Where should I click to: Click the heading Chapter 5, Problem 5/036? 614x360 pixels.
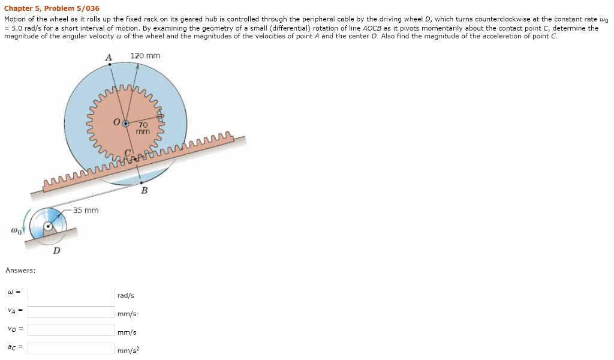coord(52,9)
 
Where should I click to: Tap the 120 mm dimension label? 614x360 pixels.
coord(145,56)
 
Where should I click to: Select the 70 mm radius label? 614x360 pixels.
coord(143,128)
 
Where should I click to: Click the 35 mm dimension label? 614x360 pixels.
coord(86,210)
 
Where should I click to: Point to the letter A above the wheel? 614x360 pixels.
coord(109,57)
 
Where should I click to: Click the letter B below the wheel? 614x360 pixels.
coord(144,191)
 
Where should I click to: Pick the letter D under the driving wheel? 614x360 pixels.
coord(56,250)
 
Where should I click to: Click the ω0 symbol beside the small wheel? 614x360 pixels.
coord(16,230)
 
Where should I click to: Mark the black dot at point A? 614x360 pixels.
coord(109,64)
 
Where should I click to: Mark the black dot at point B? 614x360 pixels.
coord(141,182)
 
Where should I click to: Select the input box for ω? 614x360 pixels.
coord(71,293)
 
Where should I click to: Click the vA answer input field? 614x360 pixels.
coord(71,311)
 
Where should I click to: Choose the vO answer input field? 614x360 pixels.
coord(71,330)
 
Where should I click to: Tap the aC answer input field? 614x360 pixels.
coord(71,348)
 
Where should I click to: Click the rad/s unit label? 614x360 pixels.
coord(126,296)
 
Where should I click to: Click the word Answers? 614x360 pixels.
coord(20,271)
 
